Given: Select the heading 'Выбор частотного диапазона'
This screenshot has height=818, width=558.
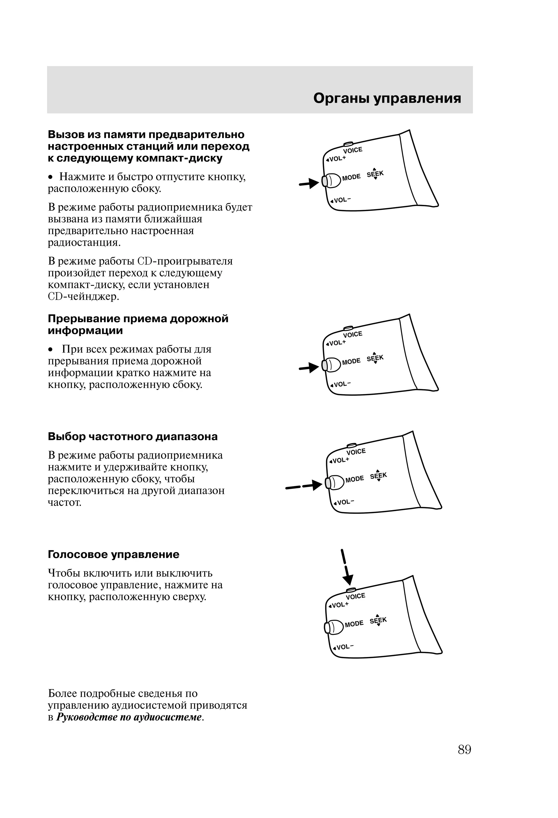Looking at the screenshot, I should [x=133, y=437].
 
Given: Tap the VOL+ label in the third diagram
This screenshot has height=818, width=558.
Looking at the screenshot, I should [x=339, y=460].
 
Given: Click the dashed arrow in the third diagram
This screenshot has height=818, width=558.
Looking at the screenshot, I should [x=304, y=486].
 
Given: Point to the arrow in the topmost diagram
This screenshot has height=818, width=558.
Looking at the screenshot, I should [x=309, y=183].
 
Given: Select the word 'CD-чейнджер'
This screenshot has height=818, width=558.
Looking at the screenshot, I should [x=83, y=297].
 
